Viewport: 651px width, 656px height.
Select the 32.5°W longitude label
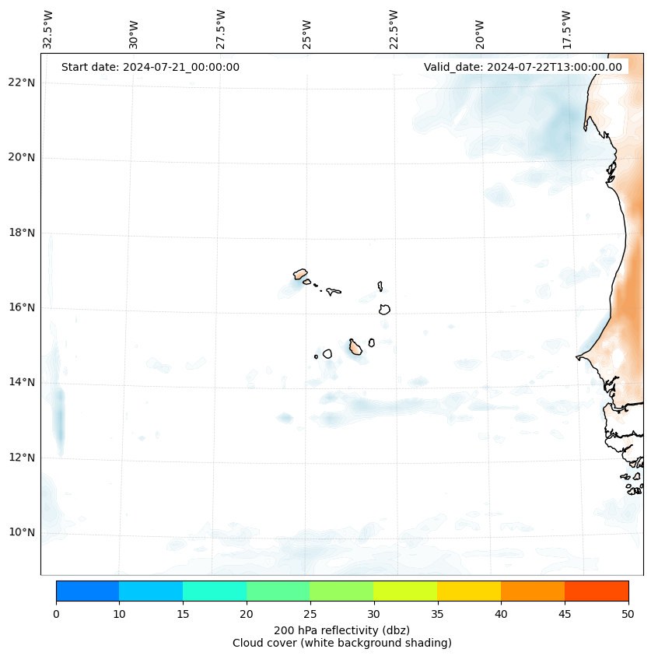coord(48,30)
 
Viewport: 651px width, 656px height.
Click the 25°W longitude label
coord(307,34)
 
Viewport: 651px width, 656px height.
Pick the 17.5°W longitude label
coord(566,30)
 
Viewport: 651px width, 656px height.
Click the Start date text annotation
coord(150,67)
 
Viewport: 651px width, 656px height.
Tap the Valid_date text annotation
coord(523,67)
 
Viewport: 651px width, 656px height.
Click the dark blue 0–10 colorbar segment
coord(87,591)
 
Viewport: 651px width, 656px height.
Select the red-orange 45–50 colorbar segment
coord(597,591)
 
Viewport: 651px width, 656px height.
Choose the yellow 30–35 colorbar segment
coord(405,591)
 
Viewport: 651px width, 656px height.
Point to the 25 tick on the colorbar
coord(310,615)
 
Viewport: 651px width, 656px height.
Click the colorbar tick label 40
coord(501,615)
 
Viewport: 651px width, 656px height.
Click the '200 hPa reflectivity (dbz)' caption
coord(341,630)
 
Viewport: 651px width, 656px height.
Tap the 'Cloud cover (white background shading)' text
coord(341,643)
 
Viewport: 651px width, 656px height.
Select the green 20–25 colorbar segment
coord(278,591)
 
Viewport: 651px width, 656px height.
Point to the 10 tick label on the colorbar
coord(119,615)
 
